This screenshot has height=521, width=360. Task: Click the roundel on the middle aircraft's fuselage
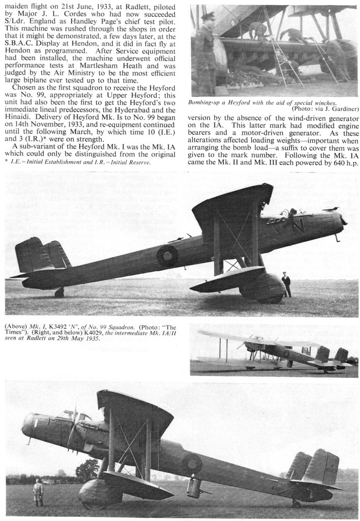coord(167,255)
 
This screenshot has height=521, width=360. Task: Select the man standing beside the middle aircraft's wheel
coord(286,284)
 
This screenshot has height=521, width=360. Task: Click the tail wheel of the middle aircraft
coord(59,293)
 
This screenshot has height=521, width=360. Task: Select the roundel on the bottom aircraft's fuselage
coord(192,463)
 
